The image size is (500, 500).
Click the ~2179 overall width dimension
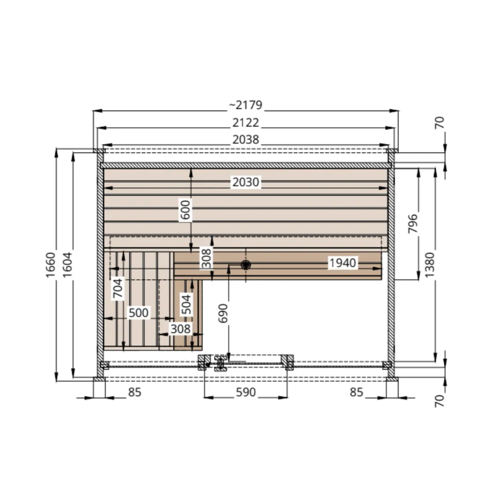click(246, 105)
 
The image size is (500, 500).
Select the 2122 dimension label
click(246, 123)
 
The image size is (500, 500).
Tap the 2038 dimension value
click(246, 140)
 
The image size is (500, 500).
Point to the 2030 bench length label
click(246, 182)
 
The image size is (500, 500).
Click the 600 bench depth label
click(185, 210)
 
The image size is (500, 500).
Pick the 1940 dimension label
click(342, 263)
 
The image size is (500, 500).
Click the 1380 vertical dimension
click(430, 265)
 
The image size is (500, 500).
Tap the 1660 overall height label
click(51, 265)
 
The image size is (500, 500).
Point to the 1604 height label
click(67, 265)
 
